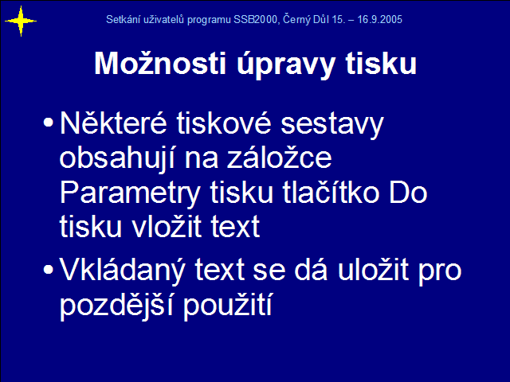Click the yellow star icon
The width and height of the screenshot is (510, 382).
pos(21,21)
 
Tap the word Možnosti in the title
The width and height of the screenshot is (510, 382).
pos(160,64)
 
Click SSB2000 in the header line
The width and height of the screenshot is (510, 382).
pos(255,19)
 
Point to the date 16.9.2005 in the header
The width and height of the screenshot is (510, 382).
pos(379,19)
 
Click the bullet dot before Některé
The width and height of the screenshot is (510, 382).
pos(48,123)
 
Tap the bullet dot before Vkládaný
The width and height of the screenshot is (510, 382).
pos(48,270)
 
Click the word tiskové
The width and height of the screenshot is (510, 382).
pos(224,123)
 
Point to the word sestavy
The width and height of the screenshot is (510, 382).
pos(332,124)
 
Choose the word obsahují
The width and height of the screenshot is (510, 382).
pos(117,158)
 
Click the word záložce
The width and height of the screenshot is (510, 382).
pos(280,158)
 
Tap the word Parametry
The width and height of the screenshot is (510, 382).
pos(130,193)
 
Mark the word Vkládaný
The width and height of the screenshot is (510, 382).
pos(122,271)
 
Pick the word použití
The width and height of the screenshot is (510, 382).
pos(227,306)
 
